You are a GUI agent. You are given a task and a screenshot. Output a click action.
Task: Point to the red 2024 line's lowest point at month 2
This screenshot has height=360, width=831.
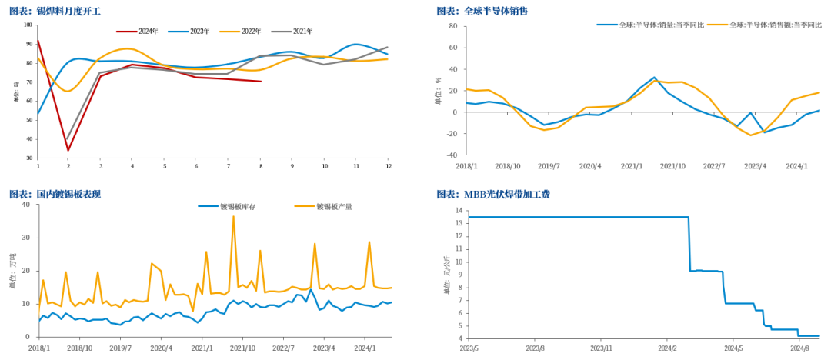68,150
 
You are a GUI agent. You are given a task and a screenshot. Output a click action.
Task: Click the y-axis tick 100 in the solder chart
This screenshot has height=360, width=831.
28,25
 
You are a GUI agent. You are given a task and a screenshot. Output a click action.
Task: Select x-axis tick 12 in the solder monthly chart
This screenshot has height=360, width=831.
388,166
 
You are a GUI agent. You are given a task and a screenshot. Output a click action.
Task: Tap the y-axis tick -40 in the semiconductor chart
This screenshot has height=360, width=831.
452,155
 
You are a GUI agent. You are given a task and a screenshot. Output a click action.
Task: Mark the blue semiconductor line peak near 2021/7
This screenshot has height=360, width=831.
654,78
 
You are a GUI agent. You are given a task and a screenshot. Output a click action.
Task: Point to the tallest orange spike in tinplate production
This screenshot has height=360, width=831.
233,216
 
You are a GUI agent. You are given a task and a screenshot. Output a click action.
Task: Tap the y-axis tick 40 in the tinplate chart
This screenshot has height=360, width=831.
25,205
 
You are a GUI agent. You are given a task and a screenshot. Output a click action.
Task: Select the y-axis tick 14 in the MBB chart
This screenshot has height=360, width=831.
459,211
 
